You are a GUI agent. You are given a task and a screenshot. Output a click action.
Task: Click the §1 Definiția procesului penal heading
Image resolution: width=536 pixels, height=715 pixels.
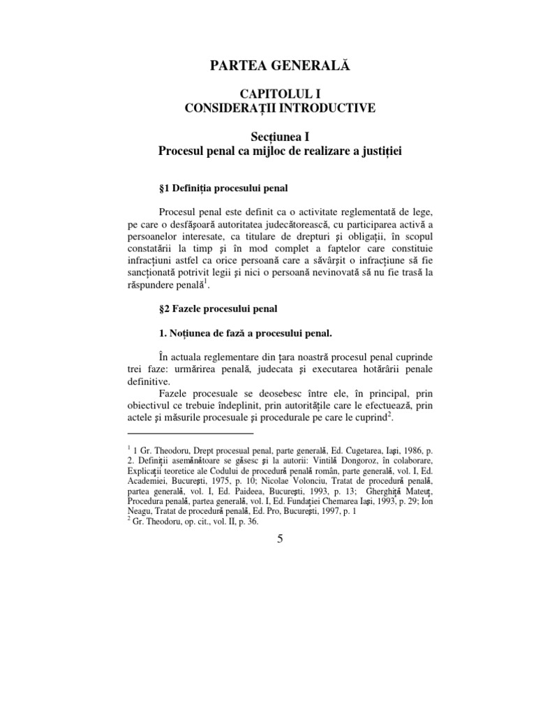224,189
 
